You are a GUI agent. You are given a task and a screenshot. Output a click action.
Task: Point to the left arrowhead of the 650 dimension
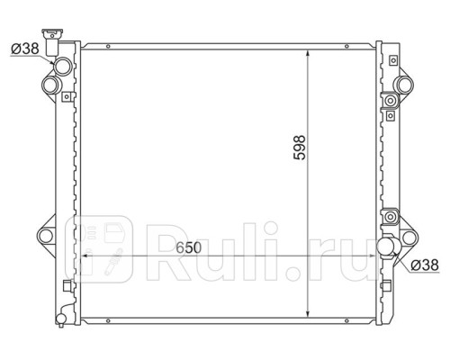click(x=86, y=256)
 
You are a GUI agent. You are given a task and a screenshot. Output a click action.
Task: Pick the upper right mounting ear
click(x=408, y=85)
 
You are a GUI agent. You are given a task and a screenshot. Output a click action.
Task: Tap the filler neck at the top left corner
click(x=59, y=41)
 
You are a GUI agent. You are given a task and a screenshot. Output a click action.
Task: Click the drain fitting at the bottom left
click(x=62, y=312)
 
